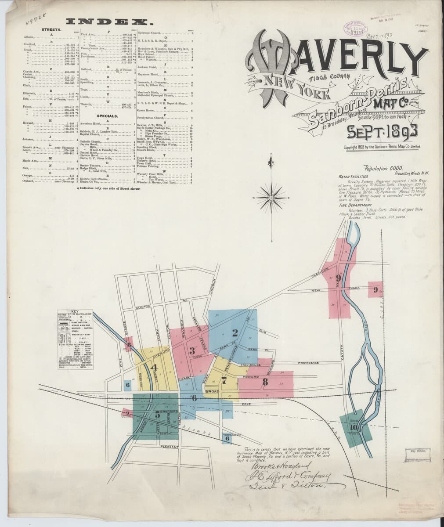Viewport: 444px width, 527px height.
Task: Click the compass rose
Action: pyautogui.click(x=272, y=199)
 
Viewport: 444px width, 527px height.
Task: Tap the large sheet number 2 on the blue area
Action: pyautogui.click(x=235, y=332)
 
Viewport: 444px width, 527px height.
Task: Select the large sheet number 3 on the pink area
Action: pyautogui.click(x=192, y=350)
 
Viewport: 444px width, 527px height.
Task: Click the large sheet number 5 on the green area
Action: pyautogui.click(x=157, y=415)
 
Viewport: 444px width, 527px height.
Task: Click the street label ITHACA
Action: pyautogui.click(x=354, y=288)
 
